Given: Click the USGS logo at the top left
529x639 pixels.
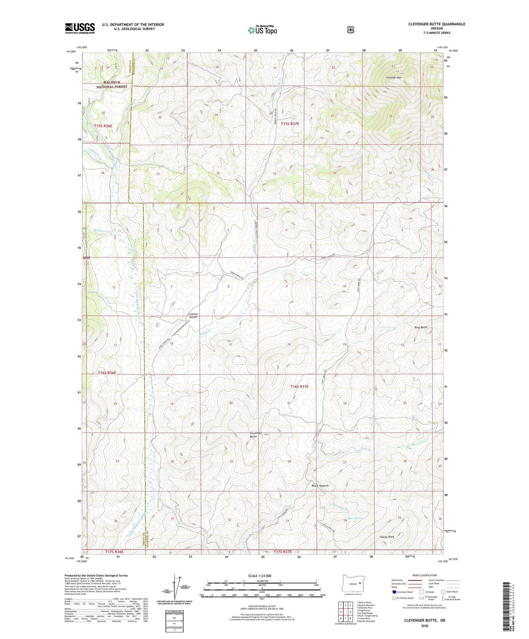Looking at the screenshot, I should [x=80, y=28].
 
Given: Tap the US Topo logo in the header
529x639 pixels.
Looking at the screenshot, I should [x=262, y=30].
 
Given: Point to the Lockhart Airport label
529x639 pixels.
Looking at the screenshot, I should [x=193, y=315].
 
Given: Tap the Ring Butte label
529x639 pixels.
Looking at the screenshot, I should [x=421, y=327].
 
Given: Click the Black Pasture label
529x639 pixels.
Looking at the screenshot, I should [x=320, y=486].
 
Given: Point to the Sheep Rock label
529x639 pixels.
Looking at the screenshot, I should [x=387, y=537].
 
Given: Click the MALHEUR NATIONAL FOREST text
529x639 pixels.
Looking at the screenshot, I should [x=111, y=85].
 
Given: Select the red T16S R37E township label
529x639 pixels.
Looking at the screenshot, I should [x=299, y=387].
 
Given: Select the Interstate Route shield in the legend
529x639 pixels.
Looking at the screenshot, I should [x=394, y=592].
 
